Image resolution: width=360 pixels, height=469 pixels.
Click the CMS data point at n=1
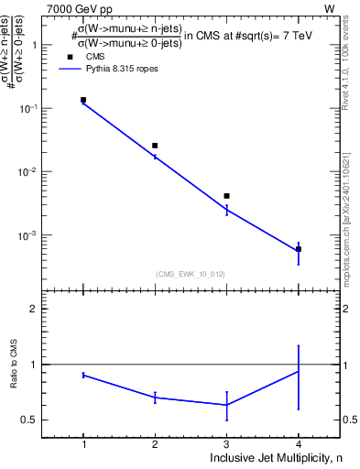click(83, 100)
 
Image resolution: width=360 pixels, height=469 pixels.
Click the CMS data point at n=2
click(155, 146)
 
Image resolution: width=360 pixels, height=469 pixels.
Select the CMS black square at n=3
click(226, 196)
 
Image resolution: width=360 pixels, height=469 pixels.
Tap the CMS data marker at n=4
click(298, 249)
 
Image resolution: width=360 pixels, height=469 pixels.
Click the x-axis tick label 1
click(83, 445)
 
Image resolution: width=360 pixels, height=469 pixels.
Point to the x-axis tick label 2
click(155, 445)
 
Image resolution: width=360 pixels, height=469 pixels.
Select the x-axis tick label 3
click(226, 445)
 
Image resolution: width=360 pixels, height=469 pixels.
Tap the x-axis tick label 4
click(298, 445)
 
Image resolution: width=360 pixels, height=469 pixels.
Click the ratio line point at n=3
click(226, 405)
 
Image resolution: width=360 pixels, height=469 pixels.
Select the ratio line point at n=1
click(83, 375)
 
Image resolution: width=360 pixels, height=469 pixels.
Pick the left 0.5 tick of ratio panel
click(32, 420)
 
